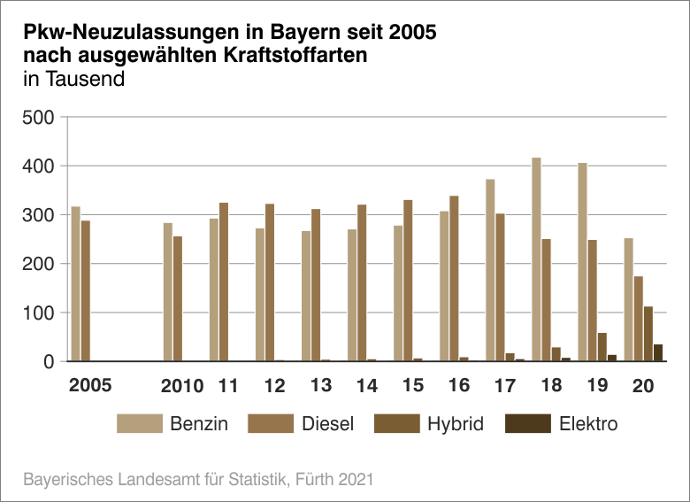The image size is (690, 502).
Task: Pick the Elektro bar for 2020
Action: pos(658,352)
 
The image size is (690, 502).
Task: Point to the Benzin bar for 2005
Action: pos(76,284)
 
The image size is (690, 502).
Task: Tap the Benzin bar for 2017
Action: pos(490,270)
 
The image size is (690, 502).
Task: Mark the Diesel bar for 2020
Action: pos(639,319)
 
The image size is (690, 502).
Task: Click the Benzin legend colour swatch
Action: pos(140,424)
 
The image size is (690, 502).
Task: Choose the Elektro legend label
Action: pos(588,424)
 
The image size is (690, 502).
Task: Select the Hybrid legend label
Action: pos(456,424)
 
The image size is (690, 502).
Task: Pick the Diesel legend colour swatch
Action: pos(272,424)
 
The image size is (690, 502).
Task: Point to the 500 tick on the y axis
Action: pos(42,118)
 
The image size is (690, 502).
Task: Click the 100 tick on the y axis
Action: pos(42,313)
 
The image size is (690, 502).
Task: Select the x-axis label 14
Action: pos(366,386)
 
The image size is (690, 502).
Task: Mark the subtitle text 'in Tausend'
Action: pos(73,78)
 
